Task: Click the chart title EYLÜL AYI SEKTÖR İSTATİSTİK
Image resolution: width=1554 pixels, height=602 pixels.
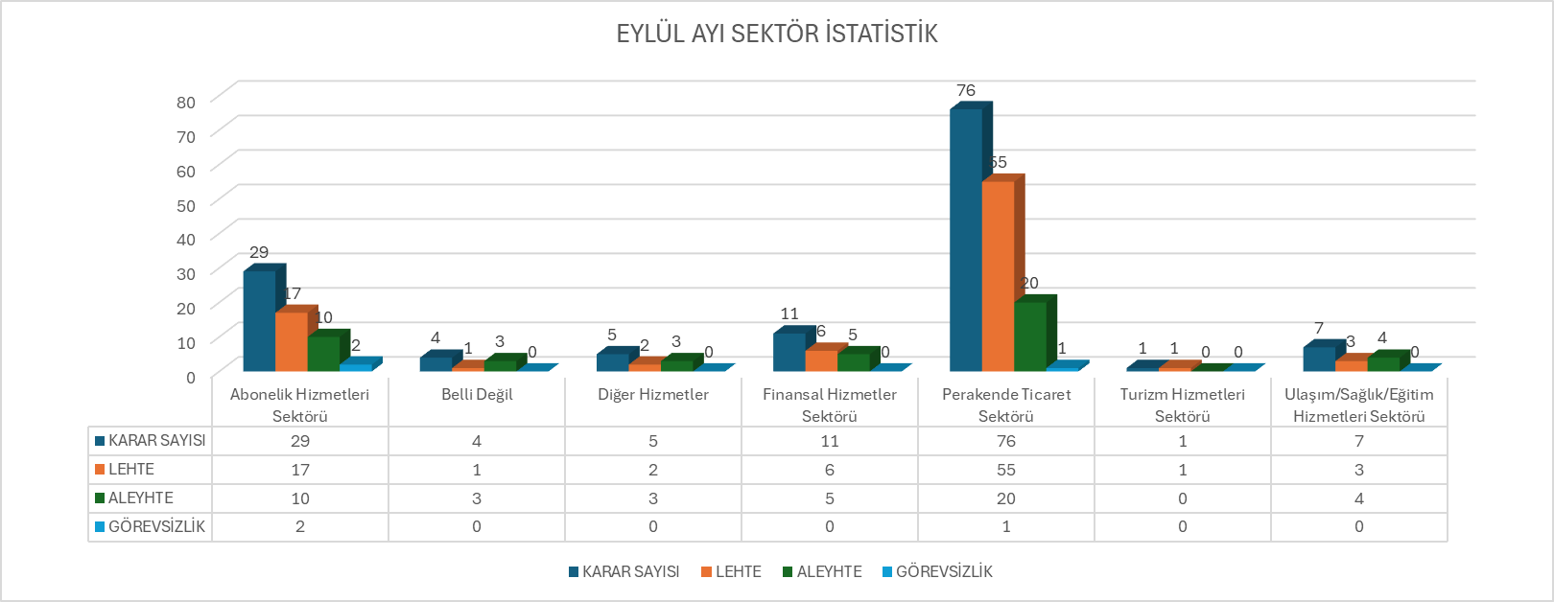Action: click(776, 35)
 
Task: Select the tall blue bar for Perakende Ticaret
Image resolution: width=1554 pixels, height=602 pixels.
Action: click(966, 240)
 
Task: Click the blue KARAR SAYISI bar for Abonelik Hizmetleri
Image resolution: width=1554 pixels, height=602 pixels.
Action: click(259, 321)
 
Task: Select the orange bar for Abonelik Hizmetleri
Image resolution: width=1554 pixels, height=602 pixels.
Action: click(291, 341)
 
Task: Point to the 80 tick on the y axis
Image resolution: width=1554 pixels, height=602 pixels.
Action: click(185, 102)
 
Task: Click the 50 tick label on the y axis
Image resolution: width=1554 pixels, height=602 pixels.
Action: click(185, 204)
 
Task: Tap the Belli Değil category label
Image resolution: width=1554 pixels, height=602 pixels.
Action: click(477, 395)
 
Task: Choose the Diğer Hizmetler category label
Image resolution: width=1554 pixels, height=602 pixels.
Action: click(653, 395)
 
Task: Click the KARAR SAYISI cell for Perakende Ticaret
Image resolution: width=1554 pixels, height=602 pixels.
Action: click(1006, 441)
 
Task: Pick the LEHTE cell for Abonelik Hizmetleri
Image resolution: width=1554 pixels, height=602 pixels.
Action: click(300, 470)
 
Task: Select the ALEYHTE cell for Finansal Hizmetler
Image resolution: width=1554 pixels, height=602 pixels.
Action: click(830, 498)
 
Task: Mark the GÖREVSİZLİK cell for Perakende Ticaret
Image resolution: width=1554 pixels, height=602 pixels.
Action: click(1006, 526)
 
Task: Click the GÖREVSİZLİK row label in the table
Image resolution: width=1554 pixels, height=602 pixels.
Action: click(155, 526)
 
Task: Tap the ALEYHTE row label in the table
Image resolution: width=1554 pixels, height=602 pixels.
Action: click(140, 498)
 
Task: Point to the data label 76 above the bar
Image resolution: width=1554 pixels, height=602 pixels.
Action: click(966, 90)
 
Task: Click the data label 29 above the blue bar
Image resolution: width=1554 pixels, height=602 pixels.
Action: click(259, 252)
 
